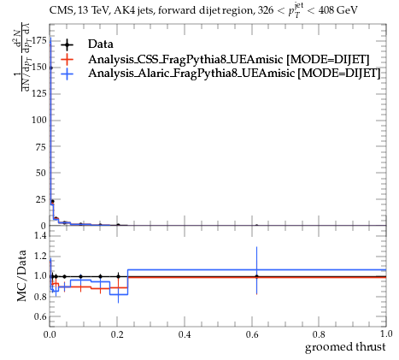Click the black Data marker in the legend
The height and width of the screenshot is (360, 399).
coord(67,44)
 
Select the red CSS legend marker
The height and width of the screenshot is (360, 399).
coord(67,59)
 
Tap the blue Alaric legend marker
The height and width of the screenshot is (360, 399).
coord(67,74)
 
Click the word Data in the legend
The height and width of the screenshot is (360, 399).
coord(101,44)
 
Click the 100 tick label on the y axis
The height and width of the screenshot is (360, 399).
coord(38,120)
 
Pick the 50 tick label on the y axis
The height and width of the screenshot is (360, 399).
coord(41,173)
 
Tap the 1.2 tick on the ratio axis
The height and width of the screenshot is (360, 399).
coord(40,256)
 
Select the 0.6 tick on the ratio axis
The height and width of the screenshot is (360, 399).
coord(40,316)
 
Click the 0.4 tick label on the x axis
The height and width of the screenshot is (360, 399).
coord(185,334)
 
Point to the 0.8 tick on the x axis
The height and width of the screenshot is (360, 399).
coord(319,334)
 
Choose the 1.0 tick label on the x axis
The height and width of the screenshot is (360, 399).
coord(386,333)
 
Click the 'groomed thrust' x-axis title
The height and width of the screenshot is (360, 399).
coord(345,347)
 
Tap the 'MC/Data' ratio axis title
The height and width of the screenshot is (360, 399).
coord(21,276)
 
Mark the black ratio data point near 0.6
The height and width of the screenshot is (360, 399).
coord(257,276)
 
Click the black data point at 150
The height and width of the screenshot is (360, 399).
coord(51,68)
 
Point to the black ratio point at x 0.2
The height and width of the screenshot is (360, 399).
coord(118,276)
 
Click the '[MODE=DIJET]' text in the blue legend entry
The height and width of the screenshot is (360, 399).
coord(338,74)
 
